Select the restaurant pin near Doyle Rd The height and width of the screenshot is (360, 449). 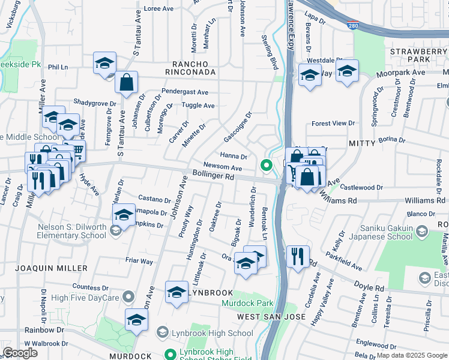pos(297,257)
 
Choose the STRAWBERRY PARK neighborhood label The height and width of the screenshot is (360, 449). pos(418,55)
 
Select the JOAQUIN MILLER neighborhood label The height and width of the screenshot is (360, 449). pos(54,268)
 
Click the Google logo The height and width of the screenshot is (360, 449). pos(20,353)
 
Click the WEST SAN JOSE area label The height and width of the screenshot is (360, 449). pos(272,316)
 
